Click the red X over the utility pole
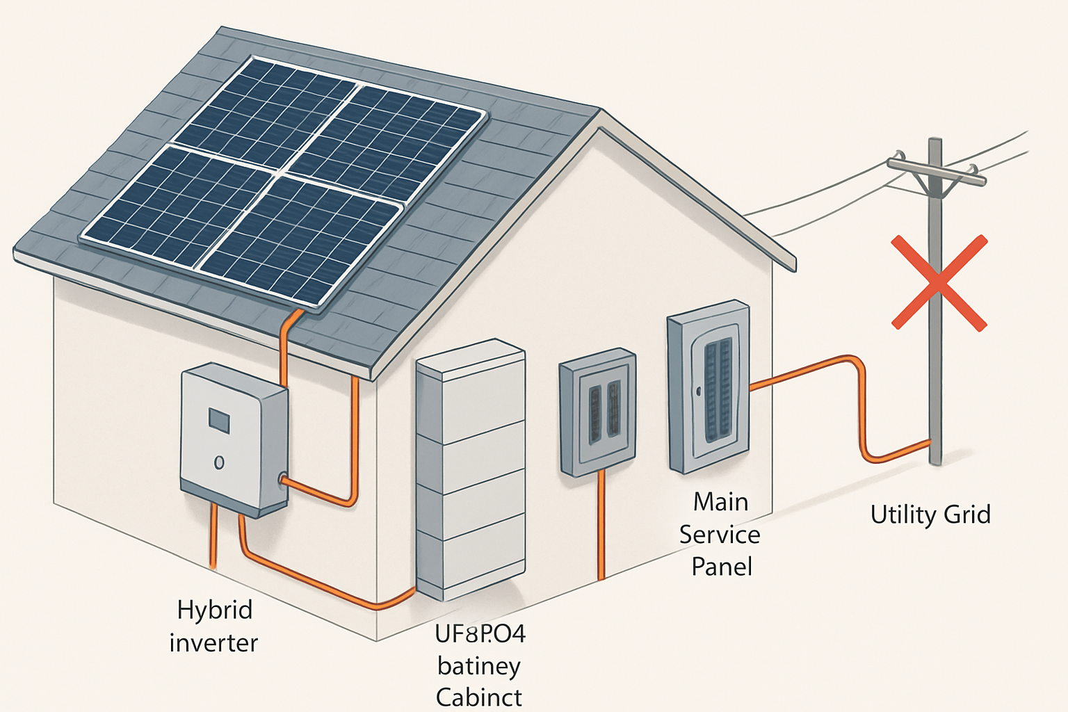[x=939, y=282]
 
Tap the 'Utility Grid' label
[x=930, y=515]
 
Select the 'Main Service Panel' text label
[x=720, y=534]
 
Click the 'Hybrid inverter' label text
[x=213, y=626]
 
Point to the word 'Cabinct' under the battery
[x=478, y=697]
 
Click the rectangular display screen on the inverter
[x=219, y=420]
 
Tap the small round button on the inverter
[x=219, y=462]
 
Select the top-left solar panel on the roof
[x=265, y=111]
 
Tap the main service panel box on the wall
[x=708, y=387]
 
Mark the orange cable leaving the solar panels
[x=285, y=348]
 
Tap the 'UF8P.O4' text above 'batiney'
[x=480, y=634]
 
